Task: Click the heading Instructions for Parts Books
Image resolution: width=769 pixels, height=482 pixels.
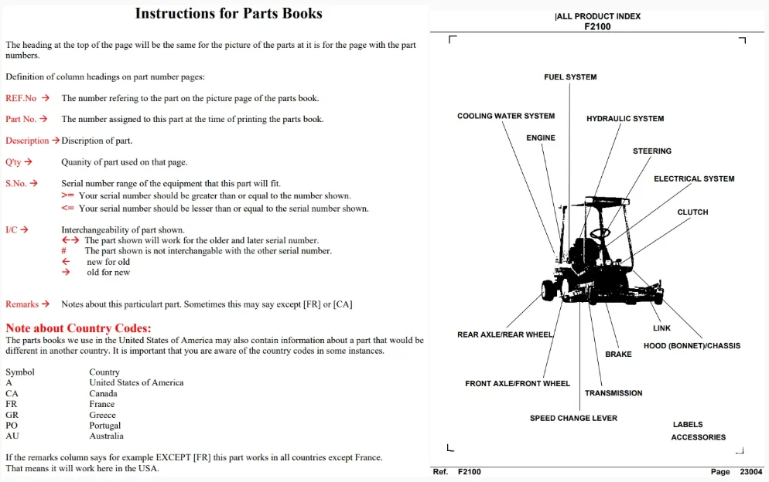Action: coord(228,13)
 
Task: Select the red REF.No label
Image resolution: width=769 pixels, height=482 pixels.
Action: coord(21,98)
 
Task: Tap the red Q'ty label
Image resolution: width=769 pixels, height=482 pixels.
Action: coord(13,162)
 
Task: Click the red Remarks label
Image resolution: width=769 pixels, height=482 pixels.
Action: coord(22,304)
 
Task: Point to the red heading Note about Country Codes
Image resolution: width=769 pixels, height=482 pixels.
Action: coord(78,328)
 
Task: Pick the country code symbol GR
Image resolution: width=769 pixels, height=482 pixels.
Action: coord(12,415)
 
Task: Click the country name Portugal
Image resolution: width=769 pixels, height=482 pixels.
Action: coord(105,425)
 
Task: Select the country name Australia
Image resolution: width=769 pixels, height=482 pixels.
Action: coord(107,436)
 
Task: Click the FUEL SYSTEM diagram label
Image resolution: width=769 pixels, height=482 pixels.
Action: coord(570,77)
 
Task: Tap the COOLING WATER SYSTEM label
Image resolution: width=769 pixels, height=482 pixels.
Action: coord(506,116)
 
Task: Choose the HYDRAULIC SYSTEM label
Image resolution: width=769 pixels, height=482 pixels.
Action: coord(625,118)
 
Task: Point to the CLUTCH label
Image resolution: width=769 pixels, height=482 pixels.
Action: coord(693,212)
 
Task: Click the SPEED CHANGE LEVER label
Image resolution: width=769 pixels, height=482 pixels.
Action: coord(573,419)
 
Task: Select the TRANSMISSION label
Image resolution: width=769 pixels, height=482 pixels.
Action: coord(613,393)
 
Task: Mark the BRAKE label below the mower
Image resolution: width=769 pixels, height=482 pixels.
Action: coord(618,354)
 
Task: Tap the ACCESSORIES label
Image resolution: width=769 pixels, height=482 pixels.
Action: coord(699,437)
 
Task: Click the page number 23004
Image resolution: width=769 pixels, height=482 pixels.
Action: coord(751,472)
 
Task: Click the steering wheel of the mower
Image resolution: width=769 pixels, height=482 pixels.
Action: coord(600,233)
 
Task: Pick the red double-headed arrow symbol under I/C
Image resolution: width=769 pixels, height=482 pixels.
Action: coord(70,240)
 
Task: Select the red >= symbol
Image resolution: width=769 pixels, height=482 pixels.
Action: coord(67,195)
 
